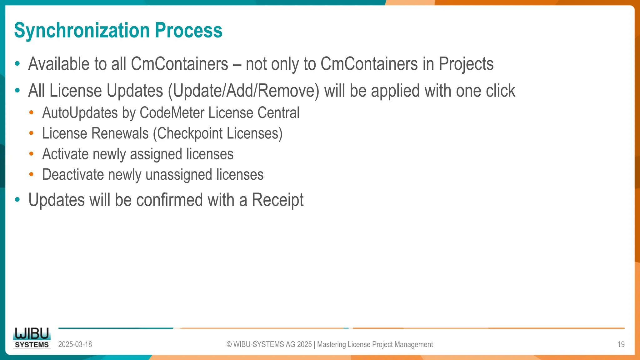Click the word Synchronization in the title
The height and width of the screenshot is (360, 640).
click(x=82, y=31)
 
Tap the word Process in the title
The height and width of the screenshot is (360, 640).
click(x=188, y=31)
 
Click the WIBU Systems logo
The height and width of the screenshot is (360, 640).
click(x=32, y=338)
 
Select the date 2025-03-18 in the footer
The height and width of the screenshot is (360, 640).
click(x=75, y=344)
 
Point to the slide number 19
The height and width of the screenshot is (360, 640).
click(x=621, y=344)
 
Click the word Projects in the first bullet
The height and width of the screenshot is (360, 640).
click(x=466, y=64)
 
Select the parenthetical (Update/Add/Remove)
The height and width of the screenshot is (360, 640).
click(x=243, y=91)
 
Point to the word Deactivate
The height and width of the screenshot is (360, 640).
click(x=73, y=175)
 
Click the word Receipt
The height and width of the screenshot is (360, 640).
click(x=277, y=200)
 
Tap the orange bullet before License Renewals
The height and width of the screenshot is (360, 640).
click(x=31, y=133)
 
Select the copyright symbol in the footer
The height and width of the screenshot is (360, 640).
click(x=229, y=344)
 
